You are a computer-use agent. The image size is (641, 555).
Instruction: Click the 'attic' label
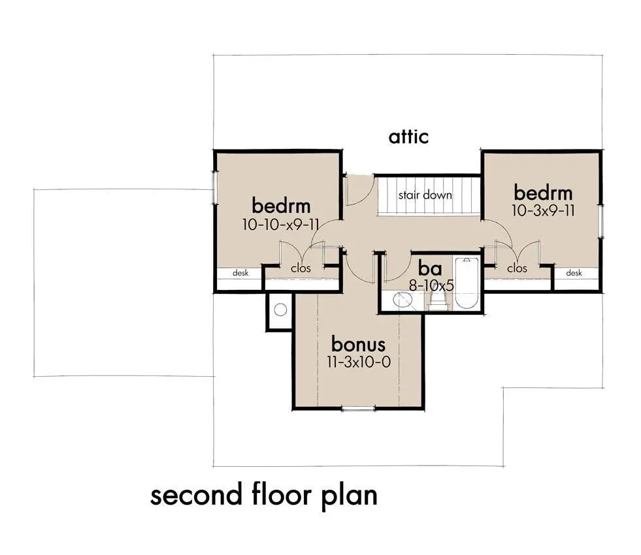coord(408,137)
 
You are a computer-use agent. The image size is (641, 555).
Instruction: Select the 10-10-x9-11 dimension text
coord(280,225)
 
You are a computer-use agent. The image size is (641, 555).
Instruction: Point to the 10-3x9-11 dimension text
coord(542,211)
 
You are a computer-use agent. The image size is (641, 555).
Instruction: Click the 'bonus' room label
coord(358,343)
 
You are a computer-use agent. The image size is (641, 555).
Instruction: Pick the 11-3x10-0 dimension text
coord(358,362)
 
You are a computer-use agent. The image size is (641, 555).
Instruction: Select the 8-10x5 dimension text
coord(431,285)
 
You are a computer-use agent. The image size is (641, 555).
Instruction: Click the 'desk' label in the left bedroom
coord(240,273)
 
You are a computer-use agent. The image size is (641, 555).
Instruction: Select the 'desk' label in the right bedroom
coord(574,273)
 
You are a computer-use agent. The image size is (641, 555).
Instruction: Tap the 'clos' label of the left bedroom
coord(301,268)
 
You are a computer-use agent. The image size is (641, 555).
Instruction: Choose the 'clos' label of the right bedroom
coord(516,268)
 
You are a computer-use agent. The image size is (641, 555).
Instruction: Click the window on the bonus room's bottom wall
coord(359,408)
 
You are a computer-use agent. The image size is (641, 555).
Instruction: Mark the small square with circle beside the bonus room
coord(279,311)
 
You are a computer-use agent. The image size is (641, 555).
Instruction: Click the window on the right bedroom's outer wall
coord(601,219)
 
